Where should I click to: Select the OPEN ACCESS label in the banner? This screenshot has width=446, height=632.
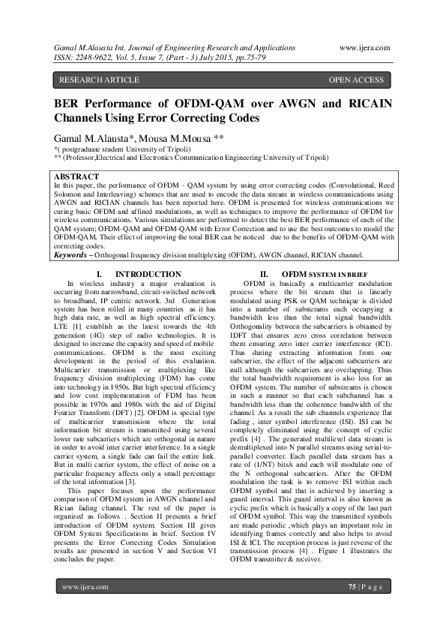click(356, 80)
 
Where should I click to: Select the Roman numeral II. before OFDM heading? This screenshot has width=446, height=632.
click(264, 274)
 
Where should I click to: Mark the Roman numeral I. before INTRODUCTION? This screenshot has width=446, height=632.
click(100, 274)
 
